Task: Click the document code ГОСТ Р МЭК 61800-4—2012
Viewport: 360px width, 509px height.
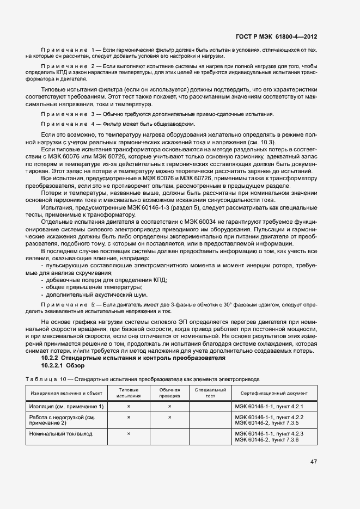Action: point(276,37)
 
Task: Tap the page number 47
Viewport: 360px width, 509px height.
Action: point(314,462)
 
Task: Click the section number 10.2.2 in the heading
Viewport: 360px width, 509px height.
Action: point(50,358)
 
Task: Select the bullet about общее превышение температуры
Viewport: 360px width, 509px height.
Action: point(95,287)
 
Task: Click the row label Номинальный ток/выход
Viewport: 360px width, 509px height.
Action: point(60,433)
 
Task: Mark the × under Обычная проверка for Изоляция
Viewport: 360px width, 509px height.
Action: point(169,407)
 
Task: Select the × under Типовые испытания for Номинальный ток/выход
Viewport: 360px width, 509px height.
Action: point(129,433)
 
